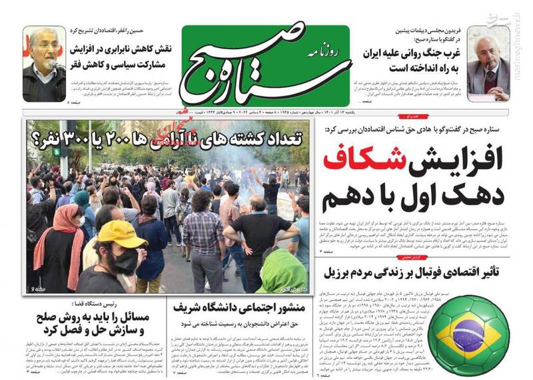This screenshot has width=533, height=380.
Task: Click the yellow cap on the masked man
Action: [x=122, y=234]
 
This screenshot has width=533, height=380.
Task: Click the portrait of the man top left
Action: [x=44, y=65]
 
